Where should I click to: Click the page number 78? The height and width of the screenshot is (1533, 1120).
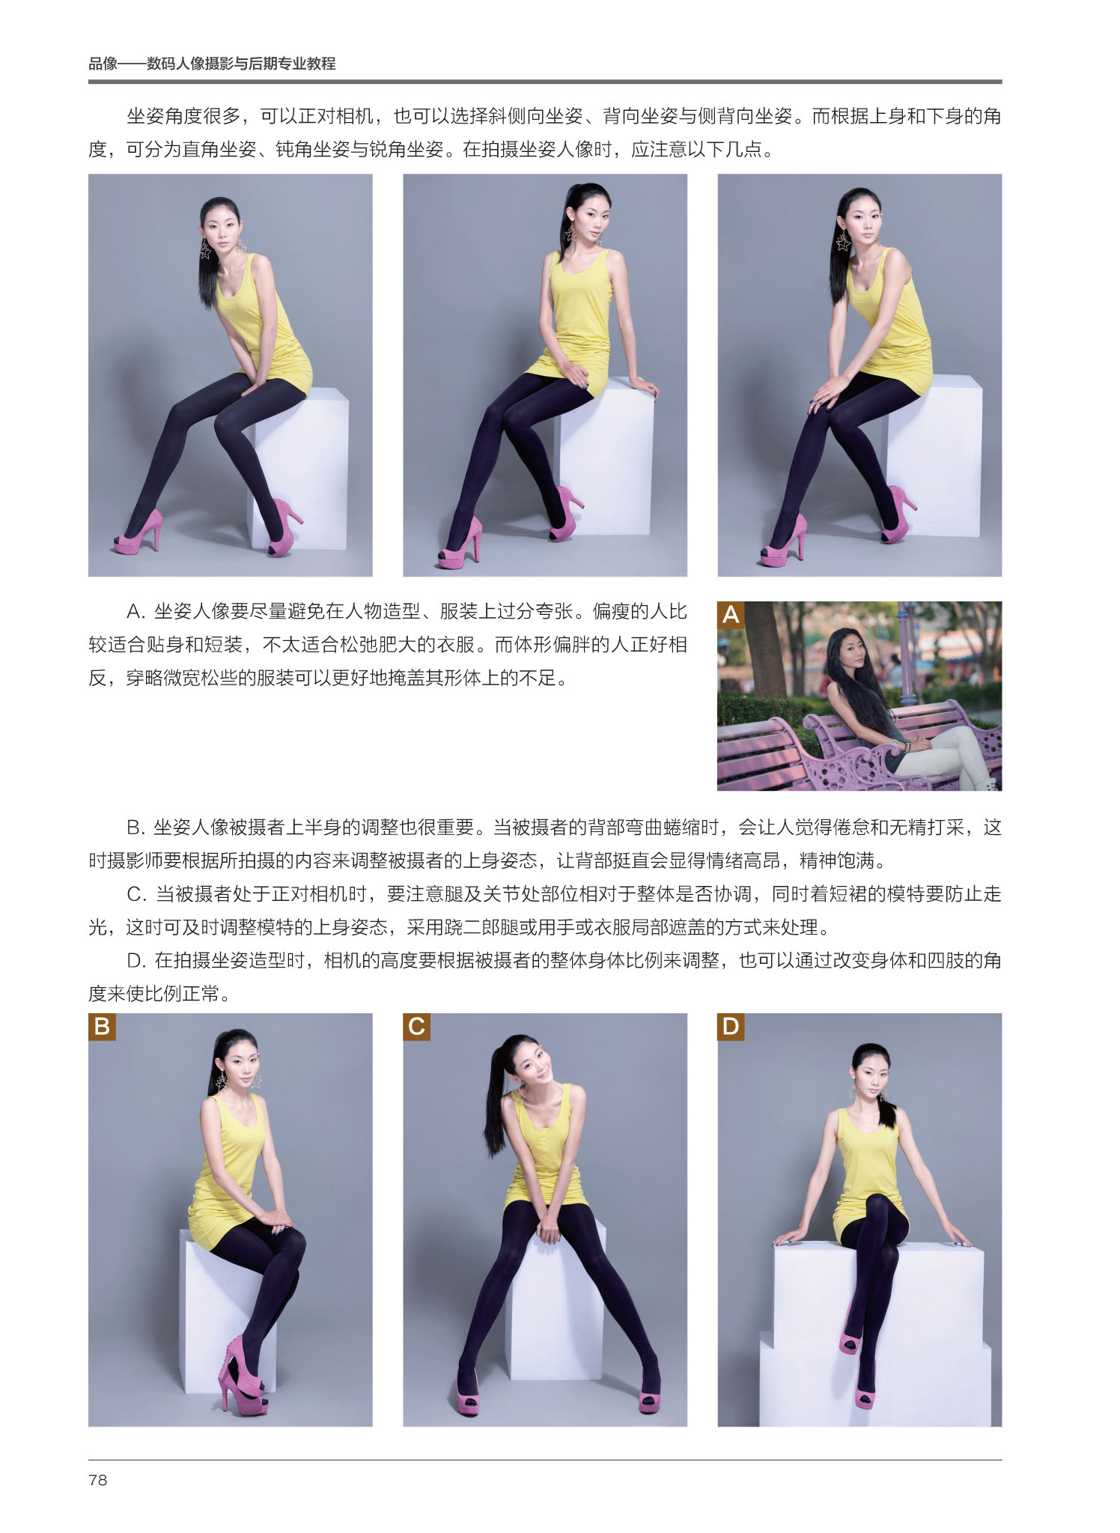tap(98, 1480)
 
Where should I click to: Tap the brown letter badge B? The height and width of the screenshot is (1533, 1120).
tap(102, 1026)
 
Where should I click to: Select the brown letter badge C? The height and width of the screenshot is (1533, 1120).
tap(416, 1026)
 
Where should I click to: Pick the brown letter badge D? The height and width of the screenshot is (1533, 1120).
tap(731, 1026)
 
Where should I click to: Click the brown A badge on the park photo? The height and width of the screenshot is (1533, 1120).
tap(731, 614)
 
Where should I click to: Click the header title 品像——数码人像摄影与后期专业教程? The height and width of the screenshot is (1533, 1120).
tap(212, 64)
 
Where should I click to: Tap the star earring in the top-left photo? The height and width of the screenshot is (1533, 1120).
tap(205, 249)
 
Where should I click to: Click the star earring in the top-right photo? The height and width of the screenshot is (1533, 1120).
tap(844, 240)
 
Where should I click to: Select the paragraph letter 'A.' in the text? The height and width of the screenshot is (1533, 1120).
tap(136, 612)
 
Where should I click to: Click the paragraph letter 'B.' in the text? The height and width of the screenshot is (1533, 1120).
tap(136, 828)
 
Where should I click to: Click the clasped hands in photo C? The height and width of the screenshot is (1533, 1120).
tap(549, 1227)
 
